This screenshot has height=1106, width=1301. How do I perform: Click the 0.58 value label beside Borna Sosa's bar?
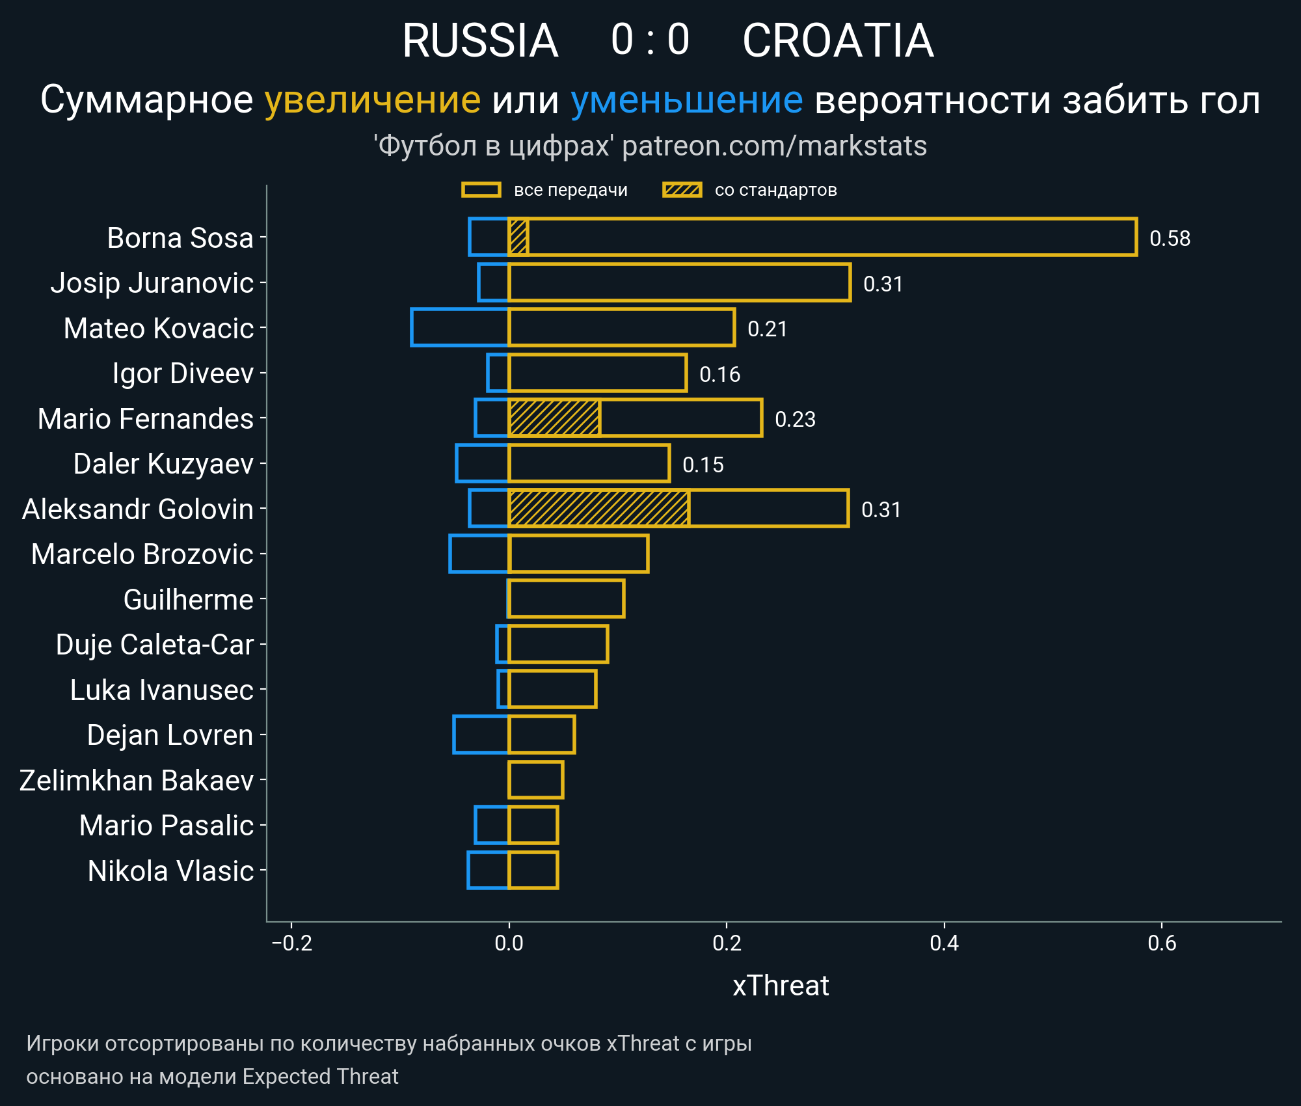tap(1170, 239)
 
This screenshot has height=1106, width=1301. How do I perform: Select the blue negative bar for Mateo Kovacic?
tap(459, 327)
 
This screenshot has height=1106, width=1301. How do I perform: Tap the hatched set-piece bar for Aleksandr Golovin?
tap(598, 508)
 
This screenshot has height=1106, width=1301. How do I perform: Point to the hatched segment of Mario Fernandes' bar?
tap(554, 418)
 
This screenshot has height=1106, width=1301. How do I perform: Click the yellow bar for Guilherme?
tap(566, 599)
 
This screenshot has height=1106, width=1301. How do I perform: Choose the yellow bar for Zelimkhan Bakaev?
tap(535, 779)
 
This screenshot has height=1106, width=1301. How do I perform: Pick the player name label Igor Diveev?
tap(183, 373)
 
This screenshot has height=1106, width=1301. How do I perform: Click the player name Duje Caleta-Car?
tap(154, 645)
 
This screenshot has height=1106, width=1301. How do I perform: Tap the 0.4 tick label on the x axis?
tap(944, 943)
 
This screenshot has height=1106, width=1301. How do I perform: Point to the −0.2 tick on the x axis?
tap(291, 943)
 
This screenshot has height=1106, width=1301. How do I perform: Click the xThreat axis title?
tap(781, 986)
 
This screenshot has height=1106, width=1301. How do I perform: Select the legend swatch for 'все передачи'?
tap(481, 190)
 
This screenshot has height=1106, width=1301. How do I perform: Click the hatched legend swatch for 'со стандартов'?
tap(682, 190)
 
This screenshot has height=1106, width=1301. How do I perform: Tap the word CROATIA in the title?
tap(838, 40)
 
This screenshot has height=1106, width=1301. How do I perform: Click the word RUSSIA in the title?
tap(480, 40)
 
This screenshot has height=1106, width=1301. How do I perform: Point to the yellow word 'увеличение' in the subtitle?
tap(372, 100)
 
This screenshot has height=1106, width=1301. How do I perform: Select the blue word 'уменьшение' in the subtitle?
tap(686, 100)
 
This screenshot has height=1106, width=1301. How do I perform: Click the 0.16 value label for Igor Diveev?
tap(719, 375)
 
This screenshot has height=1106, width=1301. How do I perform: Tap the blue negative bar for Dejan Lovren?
tap(481, 735)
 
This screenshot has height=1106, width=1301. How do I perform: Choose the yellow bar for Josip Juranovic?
tap(679, 282)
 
